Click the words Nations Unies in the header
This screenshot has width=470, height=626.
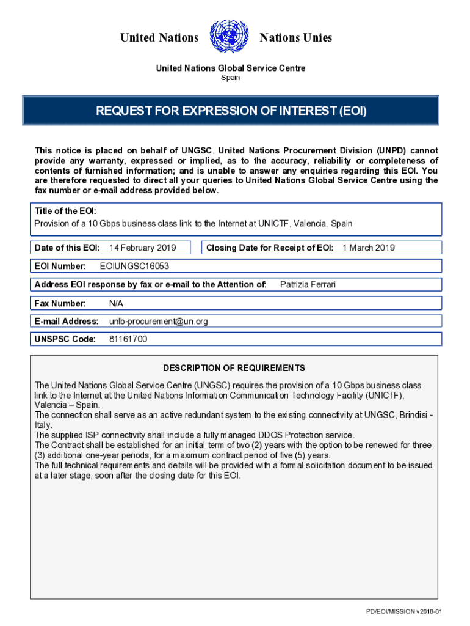[x=296, y=38]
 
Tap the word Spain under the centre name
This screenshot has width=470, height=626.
[x=231, y=78]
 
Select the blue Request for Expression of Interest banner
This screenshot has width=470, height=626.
[x=231, y=111]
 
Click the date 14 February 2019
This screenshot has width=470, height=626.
[x=142, y=248]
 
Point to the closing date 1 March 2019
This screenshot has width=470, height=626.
[x=369, y=248]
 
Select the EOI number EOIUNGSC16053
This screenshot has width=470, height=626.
[x=134, y=266]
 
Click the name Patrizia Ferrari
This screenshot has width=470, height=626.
[x=308, y=284]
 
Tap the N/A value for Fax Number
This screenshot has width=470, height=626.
[x=116, y=303]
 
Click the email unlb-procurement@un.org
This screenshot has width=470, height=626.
[x=159, y=321]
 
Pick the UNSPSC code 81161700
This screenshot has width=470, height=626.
[x=128, y=339]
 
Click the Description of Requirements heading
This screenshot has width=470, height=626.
[x=234, y=368]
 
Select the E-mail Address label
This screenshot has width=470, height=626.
[x=67, y=321]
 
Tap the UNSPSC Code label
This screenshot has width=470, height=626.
[x=65, y=339]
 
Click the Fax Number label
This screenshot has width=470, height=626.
[x=60, y=303]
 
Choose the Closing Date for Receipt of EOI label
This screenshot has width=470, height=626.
[x=270, y=248]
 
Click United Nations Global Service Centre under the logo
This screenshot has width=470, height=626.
[x=231, y=68]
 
